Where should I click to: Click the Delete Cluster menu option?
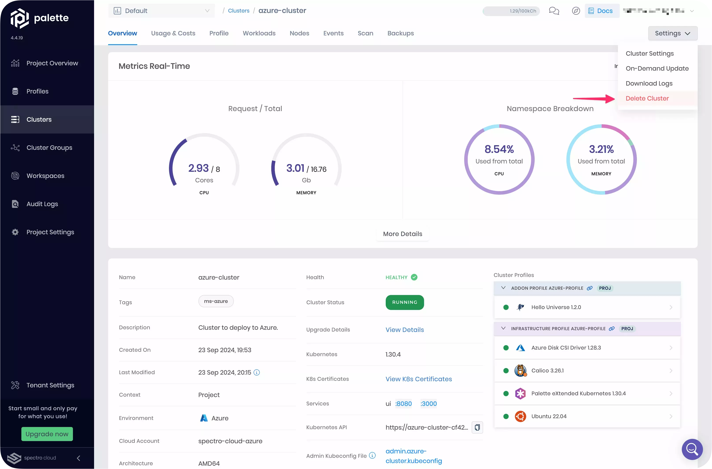click(x=647, y=98)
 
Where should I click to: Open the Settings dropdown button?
click(x=673, y=33)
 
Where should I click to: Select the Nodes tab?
click(x=299, y=33)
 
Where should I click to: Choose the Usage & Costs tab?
click(x=173, y=33)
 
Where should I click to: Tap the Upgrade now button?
click(x=47, y=434)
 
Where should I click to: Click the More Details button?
click(x=402, y=234)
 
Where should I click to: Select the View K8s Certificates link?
click(x=418, y=379)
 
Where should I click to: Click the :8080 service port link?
click(x=404, y=403)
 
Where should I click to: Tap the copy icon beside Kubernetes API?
click(x=477, y=427)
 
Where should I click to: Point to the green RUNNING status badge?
click(x=405, y=302)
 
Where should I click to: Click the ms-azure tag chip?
click(x=216, y=301)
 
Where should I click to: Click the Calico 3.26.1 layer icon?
click(x=520, y=371)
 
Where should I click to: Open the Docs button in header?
click(x=601, y=11)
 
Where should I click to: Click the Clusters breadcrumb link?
click(x=238, y=11)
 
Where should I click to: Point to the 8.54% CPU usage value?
click(x=499, y=149)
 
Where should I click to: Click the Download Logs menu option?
click(x=649, y=83)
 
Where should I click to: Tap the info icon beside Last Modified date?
click(x=257, y=372)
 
